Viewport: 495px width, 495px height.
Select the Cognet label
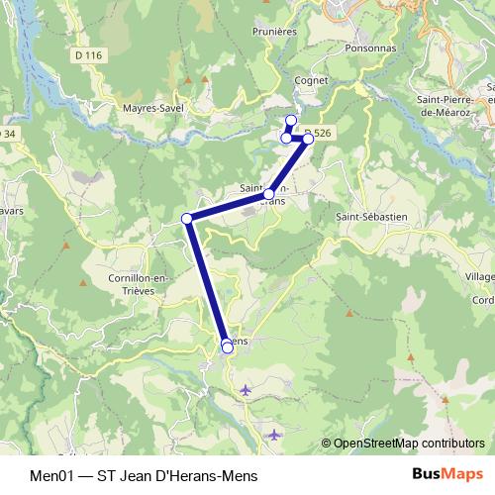(x=310, y=81)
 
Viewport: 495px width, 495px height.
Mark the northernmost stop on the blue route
(x=291, y=121)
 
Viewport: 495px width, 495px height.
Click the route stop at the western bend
(x=187, y=218)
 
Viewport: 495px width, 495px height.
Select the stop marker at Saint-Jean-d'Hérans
(x=269, y=194)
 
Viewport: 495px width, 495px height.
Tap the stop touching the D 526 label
(x=308, y=139)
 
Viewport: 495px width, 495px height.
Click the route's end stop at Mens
(x=228, y=346)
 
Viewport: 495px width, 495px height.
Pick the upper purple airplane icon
(x=246, y=391)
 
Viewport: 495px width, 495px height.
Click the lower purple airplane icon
(x=275, y=434)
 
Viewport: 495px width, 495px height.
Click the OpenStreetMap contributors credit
(x=408, y=444)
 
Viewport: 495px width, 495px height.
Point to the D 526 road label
(x=319, y=132)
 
